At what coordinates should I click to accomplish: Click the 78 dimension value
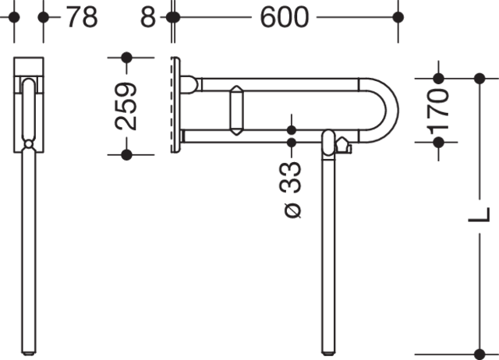tap(82, 17)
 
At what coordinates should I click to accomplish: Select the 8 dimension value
tap(148, 17)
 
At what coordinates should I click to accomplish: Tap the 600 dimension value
tap(284, 17)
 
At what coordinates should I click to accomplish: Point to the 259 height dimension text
tap(126, 106)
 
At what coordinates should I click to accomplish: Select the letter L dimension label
tap(480, 215)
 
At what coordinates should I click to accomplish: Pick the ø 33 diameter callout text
tap(290, 190)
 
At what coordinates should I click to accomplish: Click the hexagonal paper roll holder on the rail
tap(236, 111)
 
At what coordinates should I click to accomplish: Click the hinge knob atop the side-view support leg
tap(329, 143)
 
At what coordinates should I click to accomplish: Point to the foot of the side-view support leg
tap(328, 353)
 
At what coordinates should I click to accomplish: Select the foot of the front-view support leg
tap(29, 353)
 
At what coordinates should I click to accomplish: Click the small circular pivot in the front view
tap(29, 144)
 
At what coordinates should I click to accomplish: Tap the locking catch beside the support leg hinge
tap(343, 146)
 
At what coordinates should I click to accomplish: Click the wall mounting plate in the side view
tap(175, 105)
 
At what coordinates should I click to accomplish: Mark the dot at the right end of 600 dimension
tap(398, 17)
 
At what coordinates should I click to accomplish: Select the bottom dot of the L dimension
tap(480, 355)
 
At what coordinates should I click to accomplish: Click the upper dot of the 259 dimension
tap(126, 58)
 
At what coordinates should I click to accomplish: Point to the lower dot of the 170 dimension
tap(438, 142)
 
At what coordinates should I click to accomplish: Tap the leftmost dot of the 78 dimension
tap(14, 17)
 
